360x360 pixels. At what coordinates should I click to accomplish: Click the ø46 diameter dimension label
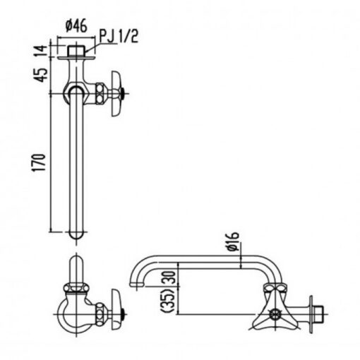point(76,26)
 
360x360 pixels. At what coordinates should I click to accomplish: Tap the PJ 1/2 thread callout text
point(119,37)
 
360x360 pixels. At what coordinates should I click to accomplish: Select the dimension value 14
point(41,51)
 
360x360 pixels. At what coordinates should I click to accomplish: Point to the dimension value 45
point(41,75)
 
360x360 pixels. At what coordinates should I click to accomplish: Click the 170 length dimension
point(39,162)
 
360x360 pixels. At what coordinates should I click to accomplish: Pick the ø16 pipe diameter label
point(233,241)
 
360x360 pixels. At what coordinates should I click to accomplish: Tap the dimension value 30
point(172,278)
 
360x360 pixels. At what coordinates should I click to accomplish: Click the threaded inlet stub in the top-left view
point(76,51)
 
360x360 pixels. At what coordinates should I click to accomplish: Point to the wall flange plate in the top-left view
point(76,58)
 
